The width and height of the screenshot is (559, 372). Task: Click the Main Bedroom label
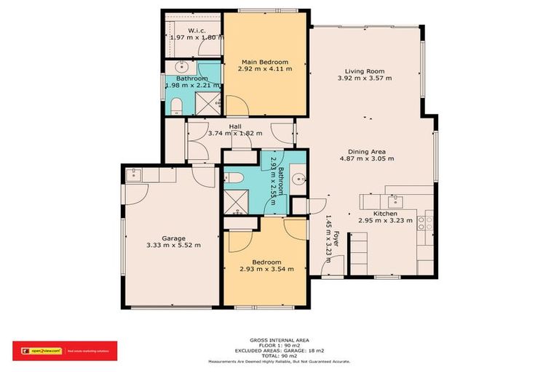click(265, 62)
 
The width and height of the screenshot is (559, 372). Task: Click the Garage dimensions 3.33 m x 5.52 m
click(173, 246)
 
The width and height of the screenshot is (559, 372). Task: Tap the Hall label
click(235, 126)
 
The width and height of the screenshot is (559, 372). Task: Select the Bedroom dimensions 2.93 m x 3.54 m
click(266, 269)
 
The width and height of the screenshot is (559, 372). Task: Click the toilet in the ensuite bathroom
click(175, 107)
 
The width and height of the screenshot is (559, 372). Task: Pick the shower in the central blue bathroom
click(237, 200)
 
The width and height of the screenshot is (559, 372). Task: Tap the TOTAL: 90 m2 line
click(279, 356)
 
